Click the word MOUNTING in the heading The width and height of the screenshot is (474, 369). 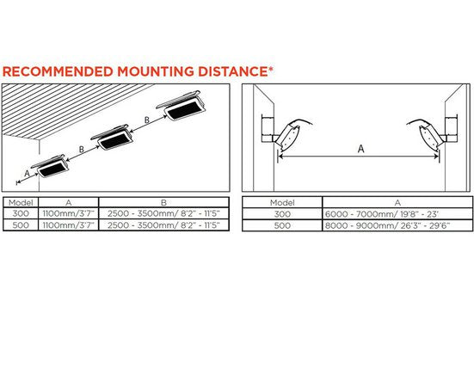tap(156, 71)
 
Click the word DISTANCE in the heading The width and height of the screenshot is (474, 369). tap(233, 71)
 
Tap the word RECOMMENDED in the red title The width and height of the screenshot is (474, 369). tap(58, 71)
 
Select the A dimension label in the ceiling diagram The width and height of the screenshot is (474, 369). tap(27, 174)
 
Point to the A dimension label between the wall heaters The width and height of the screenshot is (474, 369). tap(361, 149)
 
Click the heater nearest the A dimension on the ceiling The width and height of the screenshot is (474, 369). tap(51, 166)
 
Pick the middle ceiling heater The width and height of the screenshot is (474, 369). tap(112, 138)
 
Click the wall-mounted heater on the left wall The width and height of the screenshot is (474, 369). tap(286, 134)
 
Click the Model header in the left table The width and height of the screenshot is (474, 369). tap(21, 202)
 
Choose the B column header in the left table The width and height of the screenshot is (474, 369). tap(163, 202)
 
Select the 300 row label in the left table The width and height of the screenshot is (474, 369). tap(21, 213)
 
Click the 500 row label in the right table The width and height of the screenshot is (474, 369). tap(282, 225)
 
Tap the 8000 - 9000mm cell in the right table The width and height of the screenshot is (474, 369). tap(387, 225)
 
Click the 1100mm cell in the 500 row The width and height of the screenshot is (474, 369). tap(69, 224)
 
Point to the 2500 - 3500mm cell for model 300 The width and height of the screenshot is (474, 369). tap(163, 213)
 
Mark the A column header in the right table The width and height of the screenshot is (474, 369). tap(397, 202)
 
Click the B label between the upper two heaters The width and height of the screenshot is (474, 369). tap(147, 120)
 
